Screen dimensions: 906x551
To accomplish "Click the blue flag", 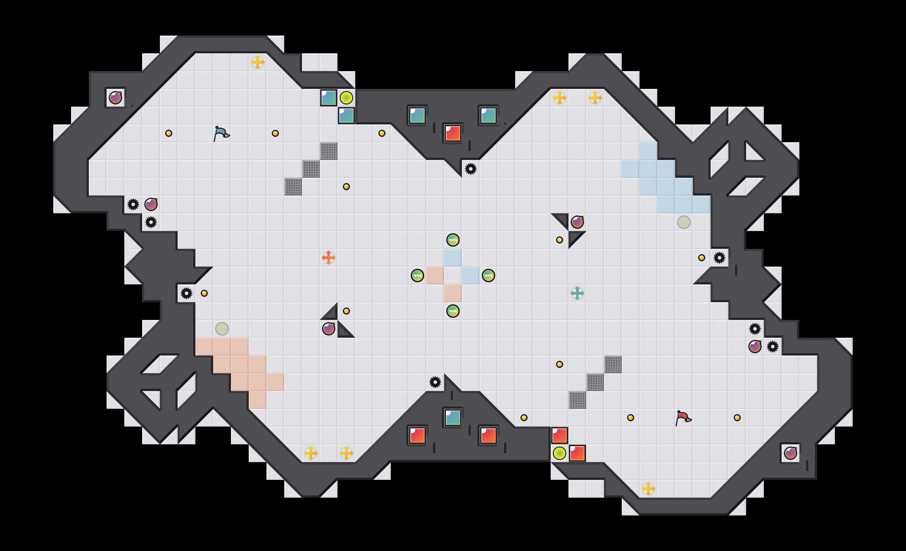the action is [x=221, y=133].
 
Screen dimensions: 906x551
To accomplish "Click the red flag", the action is [x=683, y=418].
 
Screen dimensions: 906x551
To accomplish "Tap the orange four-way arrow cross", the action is [x=329, y=258].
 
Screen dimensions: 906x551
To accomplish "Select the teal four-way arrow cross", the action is [x=577, y=293].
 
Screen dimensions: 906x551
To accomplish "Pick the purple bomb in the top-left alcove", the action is [x=115, y=98].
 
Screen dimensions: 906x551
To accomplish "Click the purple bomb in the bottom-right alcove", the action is [x=791, y=453].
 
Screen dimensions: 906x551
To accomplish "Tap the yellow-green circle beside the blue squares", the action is [x=346, y=98].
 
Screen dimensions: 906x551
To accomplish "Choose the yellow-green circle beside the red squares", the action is [x=560, y=453].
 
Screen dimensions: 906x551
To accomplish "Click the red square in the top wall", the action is [x=453, y=133].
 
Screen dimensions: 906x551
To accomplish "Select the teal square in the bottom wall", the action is [x=453, y=418].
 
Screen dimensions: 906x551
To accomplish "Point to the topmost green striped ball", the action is [x=453, y=240].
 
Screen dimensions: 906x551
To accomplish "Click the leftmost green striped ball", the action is [x=417, y=275].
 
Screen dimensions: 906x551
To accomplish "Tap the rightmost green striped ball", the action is [x=489, y=275].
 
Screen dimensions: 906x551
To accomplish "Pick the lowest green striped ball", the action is [x=453, y=311].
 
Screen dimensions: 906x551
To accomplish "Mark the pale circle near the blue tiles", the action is [x=684, y=222].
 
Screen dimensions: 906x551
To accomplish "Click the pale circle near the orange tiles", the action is [x=222, y=329].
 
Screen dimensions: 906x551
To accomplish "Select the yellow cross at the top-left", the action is [x=258, y=62].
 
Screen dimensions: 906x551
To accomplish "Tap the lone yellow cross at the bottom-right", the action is [x=648, y=489].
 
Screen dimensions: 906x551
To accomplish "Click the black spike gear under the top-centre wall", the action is [x=471, y=169].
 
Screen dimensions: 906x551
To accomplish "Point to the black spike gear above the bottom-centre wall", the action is [x=435, y=382].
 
